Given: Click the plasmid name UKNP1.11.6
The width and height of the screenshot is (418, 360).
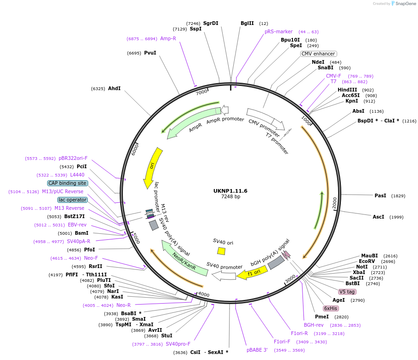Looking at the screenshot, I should coord(230,190).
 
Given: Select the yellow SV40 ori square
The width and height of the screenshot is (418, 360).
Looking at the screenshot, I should coord(221,251).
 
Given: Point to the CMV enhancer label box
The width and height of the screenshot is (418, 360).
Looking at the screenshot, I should coord(318,54).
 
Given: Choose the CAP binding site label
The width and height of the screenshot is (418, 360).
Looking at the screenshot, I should coord(67,183).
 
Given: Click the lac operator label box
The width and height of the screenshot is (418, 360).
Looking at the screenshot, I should coord(73,200).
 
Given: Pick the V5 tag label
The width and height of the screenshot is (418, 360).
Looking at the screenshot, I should coord(347,292).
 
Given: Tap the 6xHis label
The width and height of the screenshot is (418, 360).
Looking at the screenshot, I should coord(331,308).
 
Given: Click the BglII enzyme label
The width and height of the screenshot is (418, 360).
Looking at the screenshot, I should coord(247,23).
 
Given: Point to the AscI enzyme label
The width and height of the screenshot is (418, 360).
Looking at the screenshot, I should coord(378,217).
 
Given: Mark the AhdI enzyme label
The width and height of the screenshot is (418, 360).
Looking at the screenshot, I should coord(114,88).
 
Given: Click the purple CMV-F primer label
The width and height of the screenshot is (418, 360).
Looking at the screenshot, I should coord(333,76).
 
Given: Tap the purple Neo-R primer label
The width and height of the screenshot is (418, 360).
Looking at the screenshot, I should coord(123,305).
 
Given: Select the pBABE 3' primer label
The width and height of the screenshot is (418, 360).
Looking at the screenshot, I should coord(257,350).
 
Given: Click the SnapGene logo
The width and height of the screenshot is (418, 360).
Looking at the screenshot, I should coord(403,4).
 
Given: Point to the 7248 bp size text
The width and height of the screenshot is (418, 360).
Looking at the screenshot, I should coord(230,197).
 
